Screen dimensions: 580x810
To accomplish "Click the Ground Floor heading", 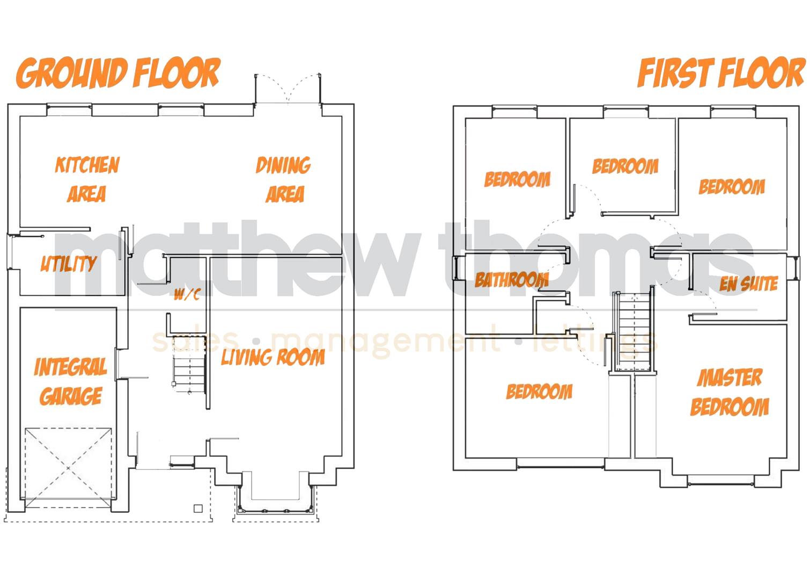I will (x=118, y=73).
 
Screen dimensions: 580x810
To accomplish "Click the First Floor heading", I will (x=721, y=73).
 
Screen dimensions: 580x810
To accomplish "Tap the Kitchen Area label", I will (x=87, y=179).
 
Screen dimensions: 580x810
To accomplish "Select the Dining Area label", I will (x=284, y=179).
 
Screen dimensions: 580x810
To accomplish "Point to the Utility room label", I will (x=69, y=264).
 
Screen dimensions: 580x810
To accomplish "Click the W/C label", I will (x=187, y=295).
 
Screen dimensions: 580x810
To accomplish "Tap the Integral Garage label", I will (x=71, y=382).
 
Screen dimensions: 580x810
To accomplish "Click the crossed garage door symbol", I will (x=69, y=467).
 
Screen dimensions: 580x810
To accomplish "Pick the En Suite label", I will (x=749, y=284).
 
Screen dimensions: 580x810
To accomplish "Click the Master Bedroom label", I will (x=730, y=393).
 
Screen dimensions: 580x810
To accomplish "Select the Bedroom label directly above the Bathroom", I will (x=517, y=179).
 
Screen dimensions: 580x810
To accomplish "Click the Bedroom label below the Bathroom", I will (x=539, y=392).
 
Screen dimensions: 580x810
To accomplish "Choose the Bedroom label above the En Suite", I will (x=732, y=187).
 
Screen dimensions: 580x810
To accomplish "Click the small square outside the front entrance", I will (x=197, y=508).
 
